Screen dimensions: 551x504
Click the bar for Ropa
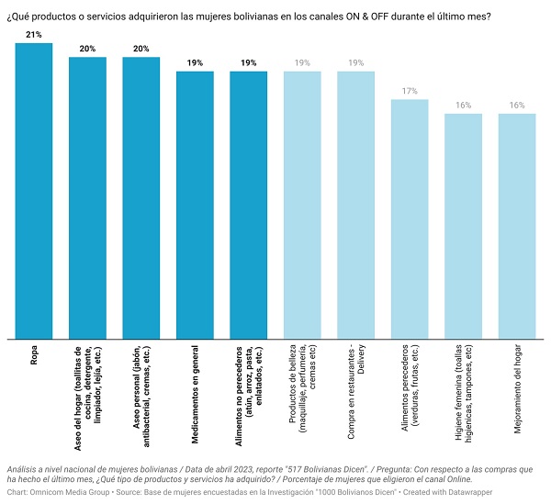click(34, 191)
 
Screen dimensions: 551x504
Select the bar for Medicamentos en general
click(195, 205)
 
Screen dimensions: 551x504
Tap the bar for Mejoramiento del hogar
click(517, 226)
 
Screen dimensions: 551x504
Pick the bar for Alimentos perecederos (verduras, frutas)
click(410, 219)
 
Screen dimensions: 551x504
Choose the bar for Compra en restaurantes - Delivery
click(356, 205)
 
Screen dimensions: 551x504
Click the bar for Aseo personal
click(141, 198)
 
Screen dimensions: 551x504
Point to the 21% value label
click(34, 34)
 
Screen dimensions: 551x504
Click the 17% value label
click(410, 91)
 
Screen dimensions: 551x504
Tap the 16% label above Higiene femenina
click(463, 105)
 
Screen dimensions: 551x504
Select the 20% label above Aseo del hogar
click(87, 49)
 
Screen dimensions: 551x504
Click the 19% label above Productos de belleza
click(302, 62)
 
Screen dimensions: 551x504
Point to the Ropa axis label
click(34, 355)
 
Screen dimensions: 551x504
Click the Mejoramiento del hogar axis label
click(517, 389)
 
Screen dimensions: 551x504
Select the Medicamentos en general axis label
click(195, 395)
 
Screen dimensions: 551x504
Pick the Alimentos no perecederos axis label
click(249, 397)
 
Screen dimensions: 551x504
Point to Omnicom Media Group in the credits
click(70, 492)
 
